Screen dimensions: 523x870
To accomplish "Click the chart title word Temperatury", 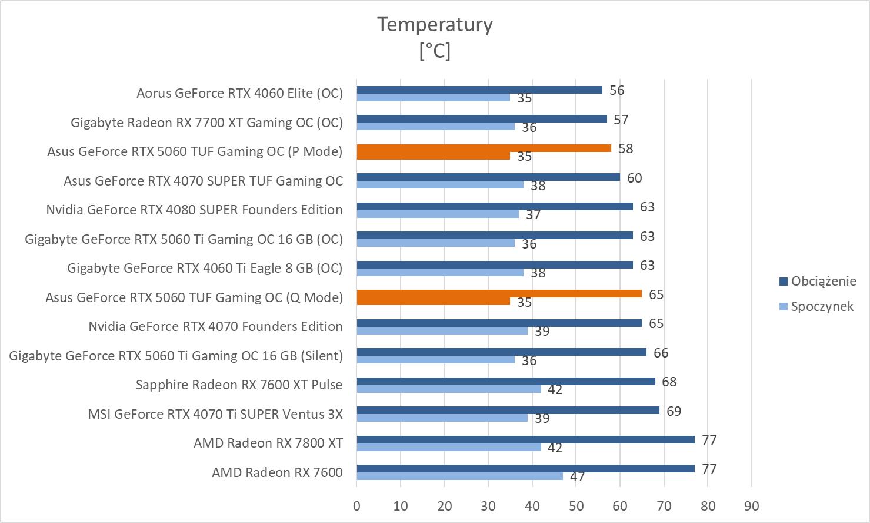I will [435, 25].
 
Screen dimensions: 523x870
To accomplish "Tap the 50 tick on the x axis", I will [576, 506].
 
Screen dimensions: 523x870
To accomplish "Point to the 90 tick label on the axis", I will [751, 506].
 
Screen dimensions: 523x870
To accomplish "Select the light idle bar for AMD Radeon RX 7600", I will [459, 476].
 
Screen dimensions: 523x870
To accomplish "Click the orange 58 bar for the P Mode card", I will [484, 148].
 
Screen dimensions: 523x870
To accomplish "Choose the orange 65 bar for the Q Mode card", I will [499, 293].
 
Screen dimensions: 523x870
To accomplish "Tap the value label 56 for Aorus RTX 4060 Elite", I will [616, 90].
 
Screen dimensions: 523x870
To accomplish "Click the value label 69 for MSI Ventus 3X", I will [674, 411].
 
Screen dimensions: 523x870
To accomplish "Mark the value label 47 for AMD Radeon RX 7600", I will [577, 476].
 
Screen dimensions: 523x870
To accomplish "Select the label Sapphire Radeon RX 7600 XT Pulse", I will [239, 385].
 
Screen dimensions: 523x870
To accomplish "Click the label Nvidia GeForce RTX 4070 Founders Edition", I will [215, 326].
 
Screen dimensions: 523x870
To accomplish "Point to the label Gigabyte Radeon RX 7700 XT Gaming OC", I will [206, 123].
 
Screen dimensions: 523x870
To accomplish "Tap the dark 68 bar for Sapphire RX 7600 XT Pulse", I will [505, 381].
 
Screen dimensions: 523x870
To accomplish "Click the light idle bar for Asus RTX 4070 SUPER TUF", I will [439, 184].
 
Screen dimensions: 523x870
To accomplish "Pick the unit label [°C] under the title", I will [435, 51].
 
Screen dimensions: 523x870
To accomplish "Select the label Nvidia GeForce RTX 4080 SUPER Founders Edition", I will [194, 210].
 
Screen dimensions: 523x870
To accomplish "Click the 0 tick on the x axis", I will [356, 506].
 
